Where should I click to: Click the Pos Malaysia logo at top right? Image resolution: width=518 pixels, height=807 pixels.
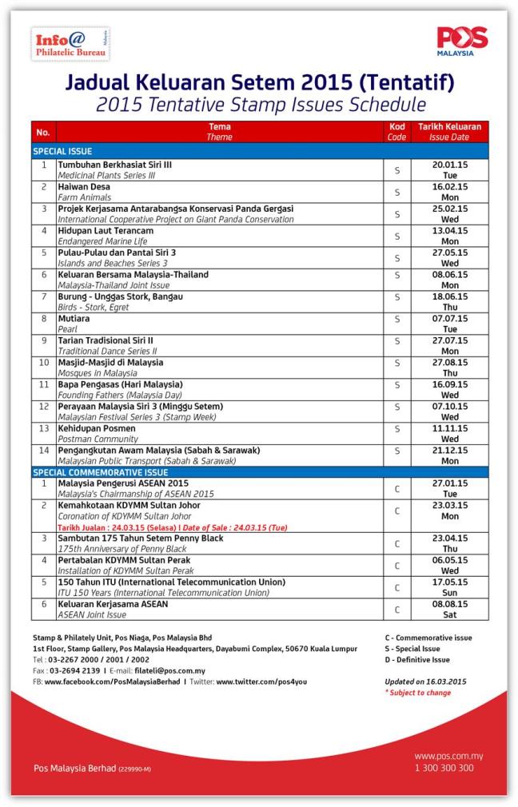[462, 41]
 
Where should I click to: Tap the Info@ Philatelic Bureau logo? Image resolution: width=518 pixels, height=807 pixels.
[71, 43]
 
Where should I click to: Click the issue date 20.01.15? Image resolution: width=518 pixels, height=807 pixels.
[450, 164]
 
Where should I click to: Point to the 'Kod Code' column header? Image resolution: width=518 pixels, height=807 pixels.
[397, 131]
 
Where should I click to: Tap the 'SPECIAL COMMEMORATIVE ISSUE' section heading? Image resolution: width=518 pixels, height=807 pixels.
[100, 472]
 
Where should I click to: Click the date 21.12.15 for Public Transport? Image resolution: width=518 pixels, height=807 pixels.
[450, 450]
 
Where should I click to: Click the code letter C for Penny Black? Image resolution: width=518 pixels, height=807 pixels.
[397, 544]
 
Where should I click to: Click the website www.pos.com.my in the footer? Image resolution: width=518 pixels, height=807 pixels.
[448, 756]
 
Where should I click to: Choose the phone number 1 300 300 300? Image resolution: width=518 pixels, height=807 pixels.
[444, 768]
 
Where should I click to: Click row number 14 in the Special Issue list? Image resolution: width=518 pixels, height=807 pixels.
[45, 455]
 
